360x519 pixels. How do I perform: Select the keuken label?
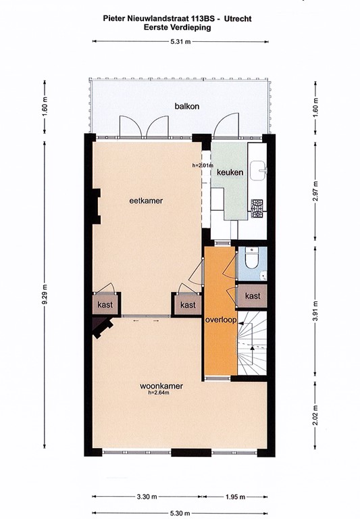point(230,173)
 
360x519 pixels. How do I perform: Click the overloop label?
point(220,320)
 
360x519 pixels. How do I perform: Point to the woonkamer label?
point(161,387)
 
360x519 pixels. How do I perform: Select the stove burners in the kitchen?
point(257,209)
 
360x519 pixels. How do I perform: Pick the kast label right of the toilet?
point(253,296)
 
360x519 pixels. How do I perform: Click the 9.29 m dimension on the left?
point(45,294)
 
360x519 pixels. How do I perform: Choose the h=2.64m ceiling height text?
point(160,393)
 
